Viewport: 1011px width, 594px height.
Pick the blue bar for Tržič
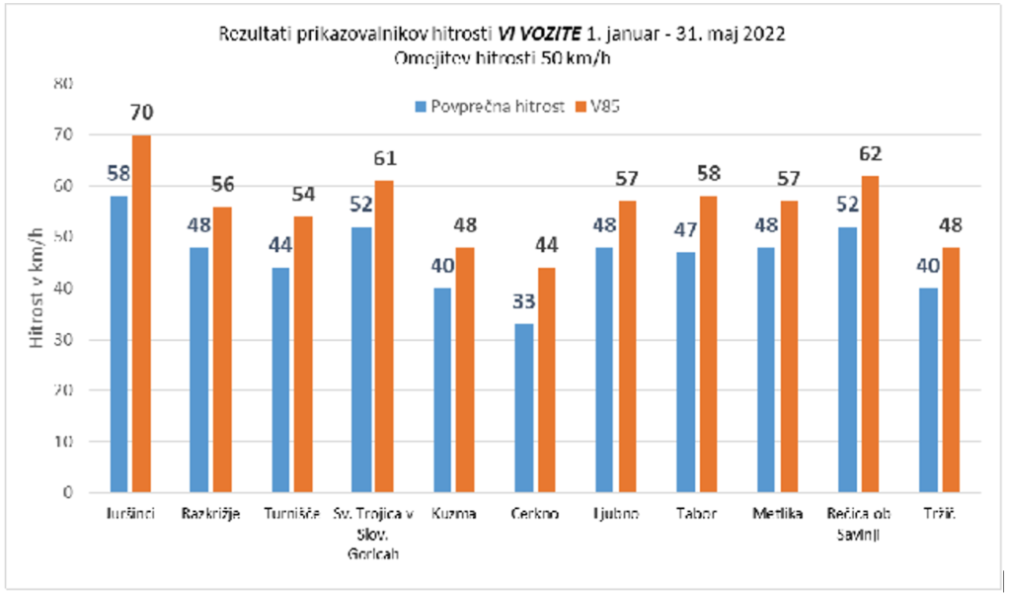tap(928, 389)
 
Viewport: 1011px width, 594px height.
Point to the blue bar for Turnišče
tap(280, 380)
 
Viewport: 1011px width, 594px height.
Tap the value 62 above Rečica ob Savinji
tap(870, 154)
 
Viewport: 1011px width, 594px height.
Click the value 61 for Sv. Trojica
tap(385, 159)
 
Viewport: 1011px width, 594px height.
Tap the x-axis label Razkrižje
tap(211, 514)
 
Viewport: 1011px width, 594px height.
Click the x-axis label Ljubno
tap(617, 514)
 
